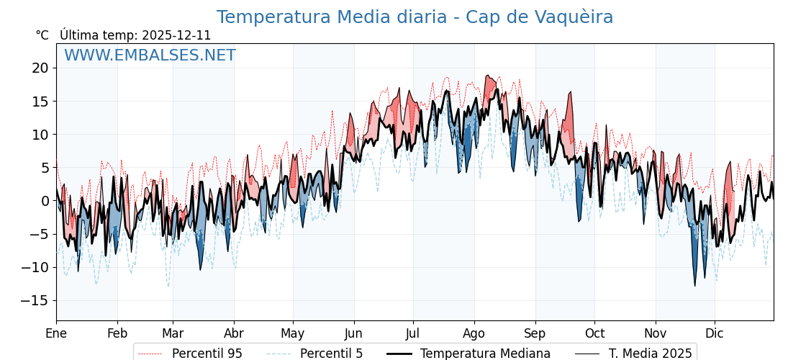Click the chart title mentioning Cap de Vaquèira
point(415,17)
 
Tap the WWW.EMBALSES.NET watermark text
point(150,55)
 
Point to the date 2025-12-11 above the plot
point(176,35)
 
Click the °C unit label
point(42,35)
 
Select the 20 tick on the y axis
point(40,68)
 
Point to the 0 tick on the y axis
point(44,201)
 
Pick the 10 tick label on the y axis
point(40,135)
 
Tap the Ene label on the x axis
point(56,333)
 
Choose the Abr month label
point(234,333)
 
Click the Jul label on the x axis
point(413,333)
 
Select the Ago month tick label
point(474,333)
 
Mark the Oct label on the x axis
point(594,333)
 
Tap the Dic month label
point(715,333)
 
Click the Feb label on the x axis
point(117,333)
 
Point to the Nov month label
point(656,333)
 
